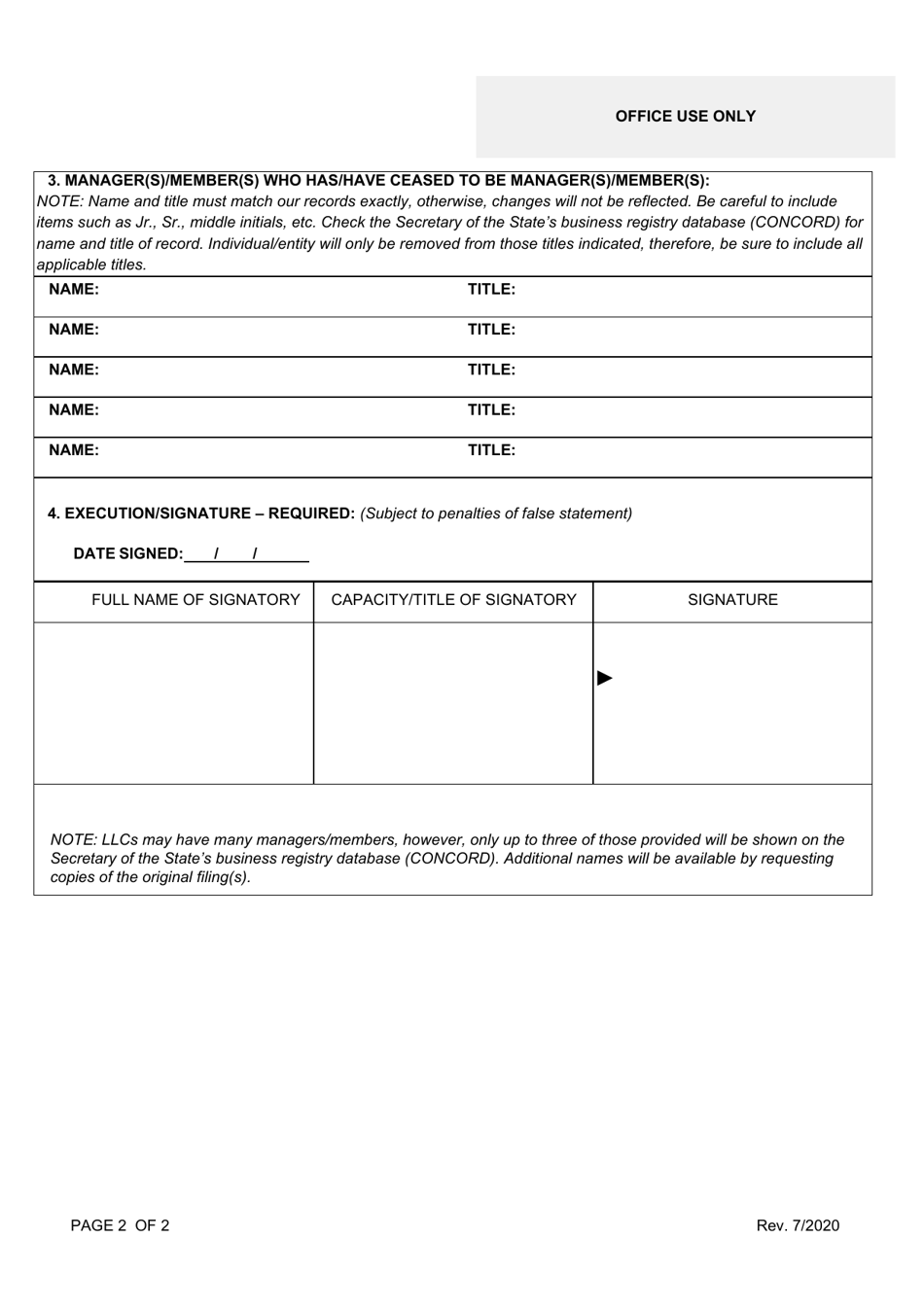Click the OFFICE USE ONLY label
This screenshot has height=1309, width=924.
[685, 117]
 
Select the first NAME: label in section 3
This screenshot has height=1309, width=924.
[74, 290]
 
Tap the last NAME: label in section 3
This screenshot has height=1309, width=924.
[74, 450]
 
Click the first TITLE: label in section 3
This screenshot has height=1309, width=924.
[491, 290]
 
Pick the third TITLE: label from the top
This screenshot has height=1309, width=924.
[491, 371]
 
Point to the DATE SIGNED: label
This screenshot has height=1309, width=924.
[127, 554]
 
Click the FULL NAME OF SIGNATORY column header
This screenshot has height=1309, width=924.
[195, 600]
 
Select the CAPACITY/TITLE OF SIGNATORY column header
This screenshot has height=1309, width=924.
[453, 600]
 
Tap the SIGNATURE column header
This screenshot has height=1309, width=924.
[732, 600]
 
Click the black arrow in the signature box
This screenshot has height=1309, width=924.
[605, 678]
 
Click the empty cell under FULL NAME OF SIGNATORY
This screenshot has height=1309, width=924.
[174, 703]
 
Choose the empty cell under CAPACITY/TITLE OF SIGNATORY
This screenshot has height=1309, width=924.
[453, 703]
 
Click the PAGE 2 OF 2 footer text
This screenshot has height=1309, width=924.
[120, 1225]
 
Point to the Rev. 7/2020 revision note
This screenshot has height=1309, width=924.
[798, 1225]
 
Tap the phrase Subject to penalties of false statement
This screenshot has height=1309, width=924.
[496, 513]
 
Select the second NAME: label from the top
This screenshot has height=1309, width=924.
[74, 330]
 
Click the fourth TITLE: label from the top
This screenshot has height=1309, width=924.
[491, 410]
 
